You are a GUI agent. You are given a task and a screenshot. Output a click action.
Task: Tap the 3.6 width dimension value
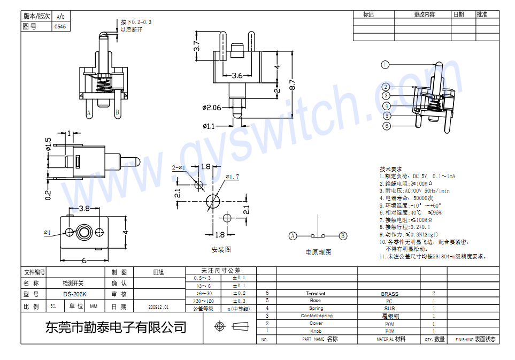click(237, 76)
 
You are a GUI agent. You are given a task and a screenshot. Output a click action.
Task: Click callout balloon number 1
click(385, 65)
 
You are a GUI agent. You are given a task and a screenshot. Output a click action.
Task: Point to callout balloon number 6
click(387, 126)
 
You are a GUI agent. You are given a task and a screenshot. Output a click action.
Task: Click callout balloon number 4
click(387, 106)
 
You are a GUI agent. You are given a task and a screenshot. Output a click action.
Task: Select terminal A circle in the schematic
click(293, 235)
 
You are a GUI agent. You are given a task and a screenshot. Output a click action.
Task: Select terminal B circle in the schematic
click(343, 235)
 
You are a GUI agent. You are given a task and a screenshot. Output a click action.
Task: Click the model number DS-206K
click(74, 294)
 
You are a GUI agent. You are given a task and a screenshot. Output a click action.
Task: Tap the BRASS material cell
click(389, 294)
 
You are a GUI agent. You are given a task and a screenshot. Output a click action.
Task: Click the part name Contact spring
click(316, 316)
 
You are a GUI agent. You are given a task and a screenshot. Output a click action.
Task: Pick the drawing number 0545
click(60, 26)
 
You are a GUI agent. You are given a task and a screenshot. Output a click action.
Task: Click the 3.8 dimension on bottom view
click(84, 208)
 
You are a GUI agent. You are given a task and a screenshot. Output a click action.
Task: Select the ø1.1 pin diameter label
click(209, 126)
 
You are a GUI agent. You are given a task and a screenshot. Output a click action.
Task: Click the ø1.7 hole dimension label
click(232, 177)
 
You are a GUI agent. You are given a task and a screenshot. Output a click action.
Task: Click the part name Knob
click(316, 331)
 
